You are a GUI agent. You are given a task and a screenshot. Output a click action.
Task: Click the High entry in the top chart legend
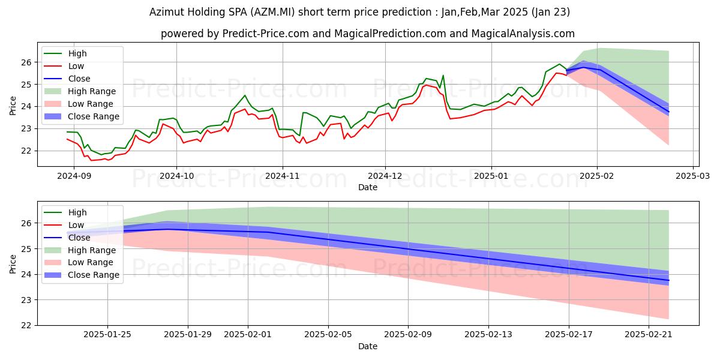pyautogui.click(x=77, y=53)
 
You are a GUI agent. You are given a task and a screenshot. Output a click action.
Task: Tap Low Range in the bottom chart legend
pyautogui.click(x=90, y=262)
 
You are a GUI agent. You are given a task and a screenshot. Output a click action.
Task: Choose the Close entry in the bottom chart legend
pyautogui.click(x=79, y=238)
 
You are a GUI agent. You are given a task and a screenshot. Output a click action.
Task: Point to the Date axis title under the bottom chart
pyautogui.click(x=368, y=346)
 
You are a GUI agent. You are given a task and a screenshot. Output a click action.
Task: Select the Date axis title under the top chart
pyautogui.click(x=368, y=187)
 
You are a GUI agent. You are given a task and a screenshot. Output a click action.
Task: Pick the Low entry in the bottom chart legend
pyautogui.click(x=77, y=225)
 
